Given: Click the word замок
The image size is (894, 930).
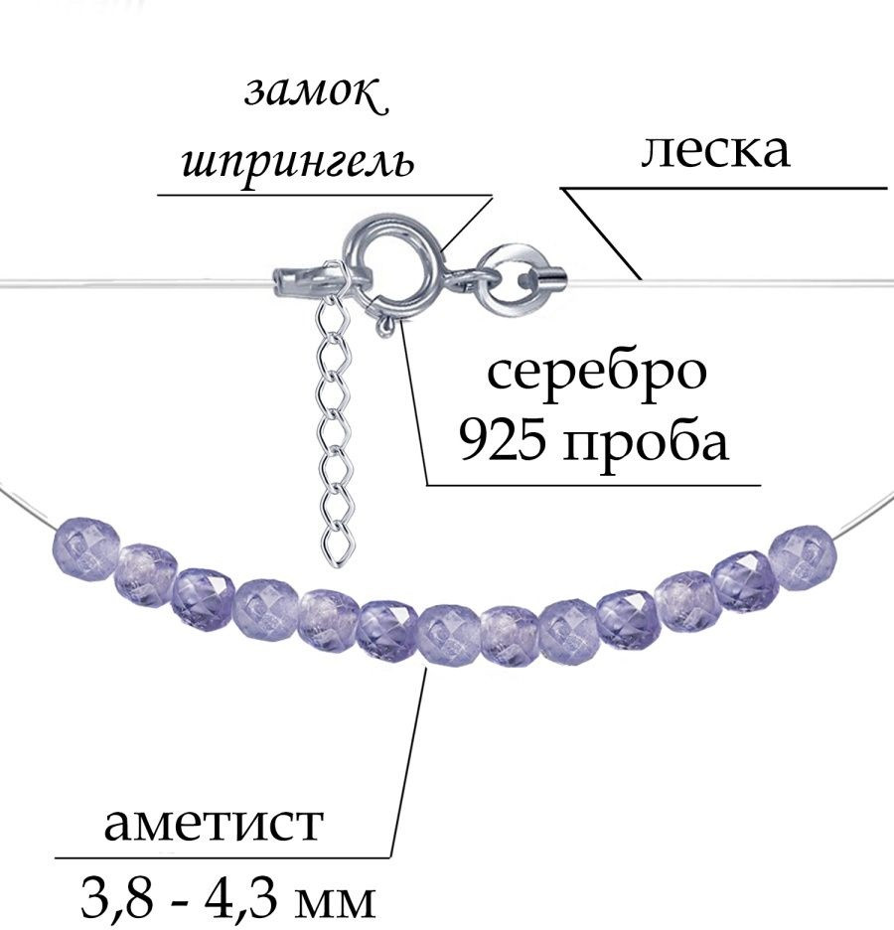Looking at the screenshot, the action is pos(316,92).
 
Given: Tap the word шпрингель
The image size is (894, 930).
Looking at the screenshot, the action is pos(298,160).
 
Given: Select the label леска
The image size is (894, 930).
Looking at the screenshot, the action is pos(715,150).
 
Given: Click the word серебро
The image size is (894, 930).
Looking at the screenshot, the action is pos(597,373).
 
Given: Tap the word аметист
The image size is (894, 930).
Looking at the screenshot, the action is pos(214,825).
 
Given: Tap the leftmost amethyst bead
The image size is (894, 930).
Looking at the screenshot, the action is pos(86,548).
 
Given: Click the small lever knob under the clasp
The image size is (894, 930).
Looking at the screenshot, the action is pos(385,325).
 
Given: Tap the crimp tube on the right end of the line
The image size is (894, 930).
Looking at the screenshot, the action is pos(551,276).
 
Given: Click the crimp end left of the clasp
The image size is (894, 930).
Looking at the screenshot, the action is pos(292,282).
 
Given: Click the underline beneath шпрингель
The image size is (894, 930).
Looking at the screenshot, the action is pos(325,195).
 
